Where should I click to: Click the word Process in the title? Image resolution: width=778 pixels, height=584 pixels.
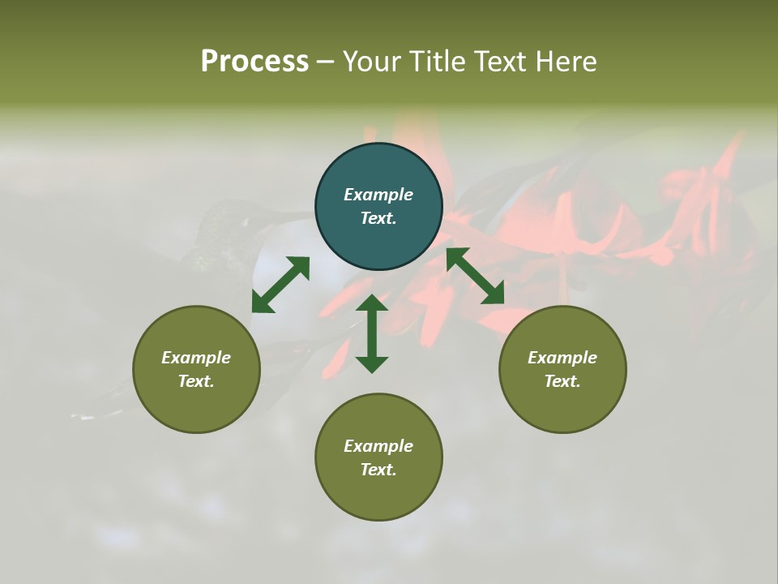[x=254, y=62]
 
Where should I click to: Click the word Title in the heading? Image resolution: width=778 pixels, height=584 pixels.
[x=438, y=62]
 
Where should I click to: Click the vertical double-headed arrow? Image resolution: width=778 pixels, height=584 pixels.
[x=372, y=333]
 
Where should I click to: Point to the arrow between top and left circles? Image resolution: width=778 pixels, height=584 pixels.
[x=280, y=285]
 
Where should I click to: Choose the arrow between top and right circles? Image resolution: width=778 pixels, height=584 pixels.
[x=475, y=276]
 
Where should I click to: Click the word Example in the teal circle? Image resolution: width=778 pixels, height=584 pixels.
[x=378, y=195]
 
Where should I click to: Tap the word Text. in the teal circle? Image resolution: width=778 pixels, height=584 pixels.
[x=378, y=218]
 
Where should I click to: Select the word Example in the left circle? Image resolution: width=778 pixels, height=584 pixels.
[x=196, y=358]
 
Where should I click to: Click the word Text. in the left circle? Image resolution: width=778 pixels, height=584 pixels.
[x=196, y=381]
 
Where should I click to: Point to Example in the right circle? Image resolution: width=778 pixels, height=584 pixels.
[x=562, y=358]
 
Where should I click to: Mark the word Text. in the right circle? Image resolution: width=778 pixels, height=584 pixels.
[x=562, y=381]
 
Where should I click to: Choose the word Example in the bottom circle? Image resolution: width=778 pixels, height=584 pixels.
[x=378, y=446]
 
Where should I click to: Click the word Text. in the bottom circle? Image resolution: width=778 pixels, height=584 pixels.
[x=378, y=470]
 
